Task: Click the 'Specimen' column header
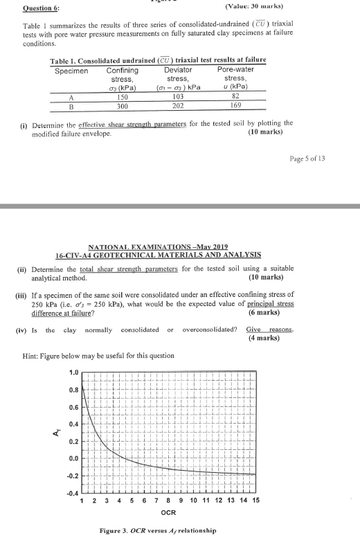point(70,71)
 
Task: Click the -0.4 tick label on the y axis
point(71,493)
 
